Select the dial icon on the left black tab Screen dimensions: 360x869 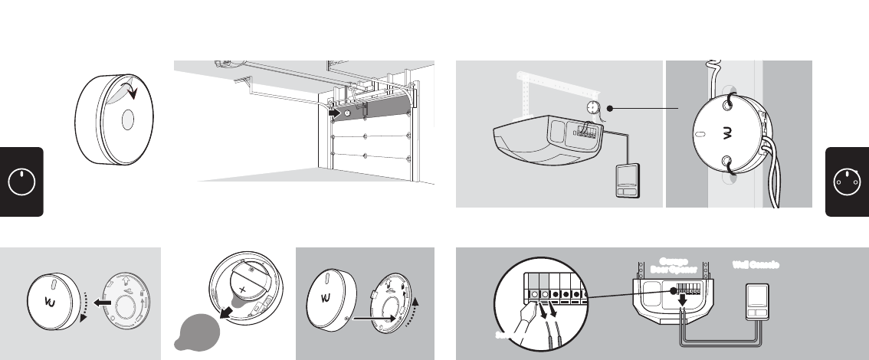pyautogui.click(x=21, y=182)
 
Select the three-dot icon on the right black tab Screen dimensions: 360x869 pyautogui.click(x=847, y=182)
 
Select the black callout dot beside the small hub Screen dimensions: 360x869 pyautogui.click(x=610, y=108)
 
